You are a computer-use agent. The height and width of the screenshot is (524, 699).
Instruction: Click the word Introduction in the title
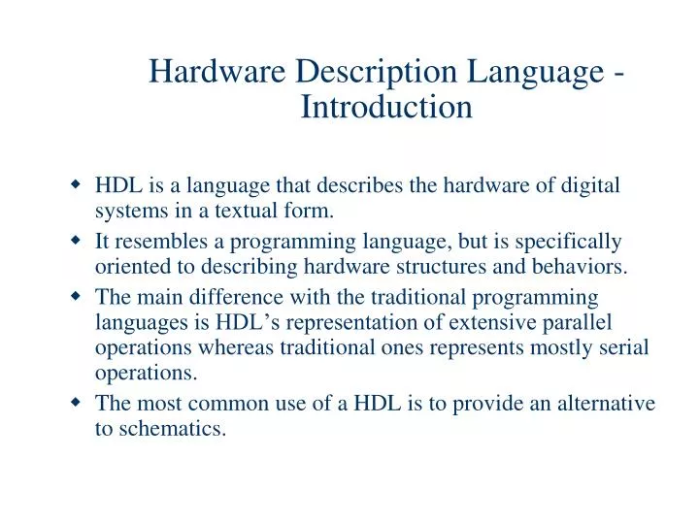point(386,106)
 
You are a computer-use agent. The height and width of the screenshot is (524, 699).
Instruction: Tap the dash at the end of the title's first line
point(617,74)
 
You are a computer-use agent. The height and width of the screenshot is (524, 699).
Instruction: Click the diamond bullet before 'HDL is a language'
point(76,184)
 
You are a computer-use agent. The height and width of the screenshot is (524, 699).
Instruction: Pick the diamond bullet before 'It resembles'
point(76,240)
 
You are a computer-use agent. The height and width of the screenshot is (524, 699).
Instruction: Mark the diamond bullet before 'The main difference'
point(76,295)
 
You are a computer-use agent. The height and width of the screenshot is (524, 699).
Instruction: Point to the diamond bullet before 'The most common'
point(76,402)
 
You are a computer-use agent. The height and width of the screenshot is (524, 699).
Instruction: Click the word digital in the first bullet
point(592,185)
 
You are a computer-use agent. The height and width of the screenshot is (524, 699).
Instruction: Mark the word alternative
point(607,403)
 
